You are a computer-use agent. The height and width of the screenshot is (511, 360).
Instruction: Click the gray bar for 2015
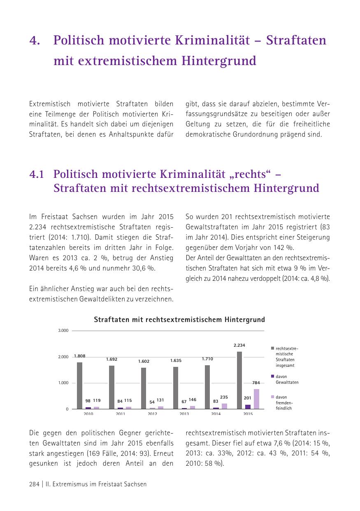coord(239,380)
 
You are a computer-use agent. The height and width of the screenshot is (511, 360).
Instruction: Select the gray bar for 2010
coord(79,385)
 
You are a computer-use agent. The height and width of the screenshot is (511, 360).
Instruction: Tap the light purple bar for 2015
coord(256,399)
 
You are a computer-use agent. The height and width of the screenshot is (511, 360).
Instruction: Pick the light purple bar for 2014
coord(224,406)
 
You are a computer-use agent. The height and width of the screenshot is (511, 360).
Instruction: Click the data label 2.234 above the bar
coord(239,345)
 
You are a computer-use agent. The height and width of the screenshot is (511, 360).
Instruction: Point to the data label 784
coord(256,383)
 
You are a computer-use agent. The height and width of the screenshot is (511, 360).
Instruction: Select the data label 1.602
coord(144,361)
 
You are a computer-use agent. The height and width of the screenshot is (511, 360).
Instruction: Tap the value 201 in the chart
coord(247,398)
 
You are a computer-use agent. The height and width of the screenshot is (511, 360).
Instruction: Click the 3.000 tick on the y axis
coord(63,331)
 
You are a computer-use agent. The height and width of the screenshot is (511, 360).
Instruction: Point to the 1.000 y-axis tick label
coord(63,383)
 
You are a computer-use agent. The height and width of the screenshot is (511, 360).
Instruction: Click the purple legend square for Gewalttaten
coord(272,376)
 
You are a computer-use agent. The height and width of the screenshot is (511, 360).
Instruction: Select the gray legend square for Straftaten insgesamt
coord(272,348)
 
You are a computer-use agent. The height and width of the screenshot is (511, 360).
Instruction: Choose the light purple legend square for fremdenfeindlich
coord(272,397)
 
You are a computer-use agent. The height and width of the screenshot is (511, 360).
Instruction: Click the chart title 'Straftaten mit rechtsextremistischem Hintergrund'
coord(179,320)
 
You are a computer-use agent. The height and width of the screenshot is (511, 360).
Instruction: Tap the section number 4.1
coord(37,175)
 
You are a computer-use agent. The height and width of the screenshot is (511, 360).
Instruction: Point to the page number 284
coord(34,484)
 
